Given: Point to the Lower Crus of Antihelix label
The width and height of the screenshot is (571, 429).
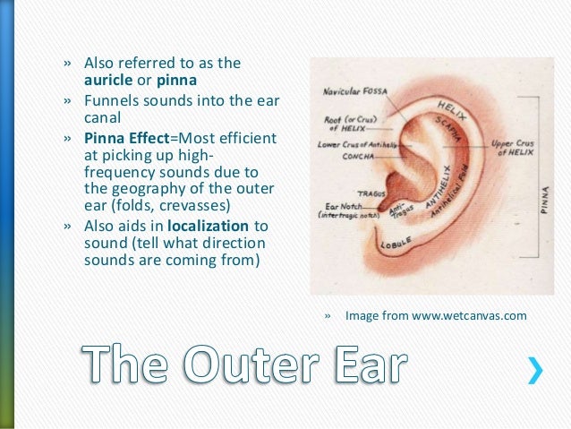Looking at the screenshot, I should pos(356,142).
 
